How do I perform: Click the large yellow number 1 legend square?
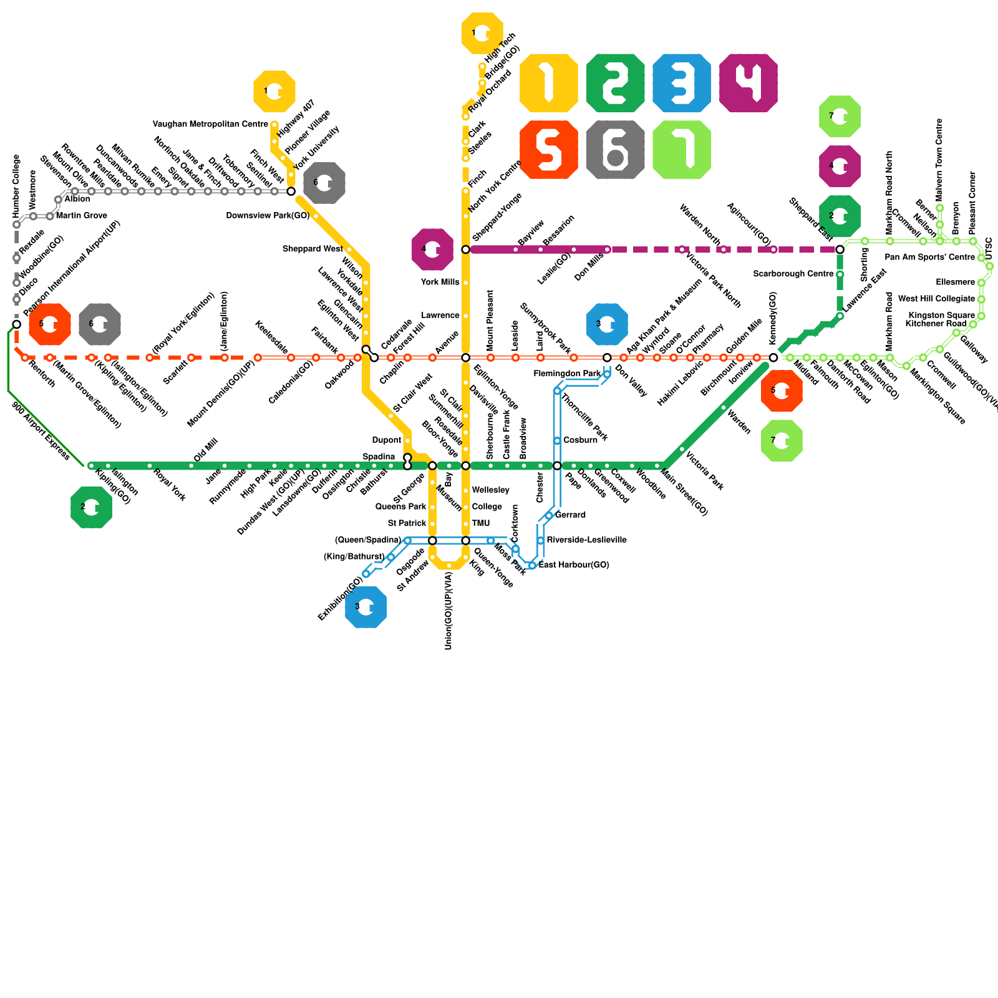pyautogui.click(x=548, y=83)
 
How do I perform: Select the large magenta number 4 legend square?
pyautogui.click(x=748, y=83)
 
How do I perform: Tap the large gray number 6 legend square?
pyautogui.click(x=615, y=150)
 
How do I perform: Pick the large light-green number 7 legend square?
pyautogui.click(x=682, y=150)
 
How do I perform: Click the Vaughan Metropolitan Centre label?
pyautogui.click(x=210, y=125)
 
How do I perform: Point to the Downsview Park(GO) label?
pyautogui.click(x=268, y=216)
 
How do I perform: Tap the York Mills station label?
pyautogui.click(x=440, y=283)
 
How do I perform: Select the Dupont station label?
pyautogui.click(x=386, y=440)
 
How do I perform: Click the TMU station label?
pyautogui.click(x=481, y=523)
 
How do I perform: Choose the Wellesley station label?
pyautogui.click(x=491, y=490)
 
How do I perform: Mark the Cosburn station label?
pyautogui.click(x=580, y=440)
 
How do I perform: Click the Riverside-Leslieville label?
pyautogui.click(x=586, y=540)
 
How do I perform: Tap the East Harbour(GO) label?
pyautogui.click(x=574, y=565)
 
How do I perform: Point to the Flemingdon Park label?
pyautogui.click(x=567, y=374)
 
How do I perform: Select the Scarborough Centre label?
pyautogui.click(x=793, y=274)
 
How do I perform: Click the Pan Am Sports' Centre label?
pyautogui.click(x=929, y=258)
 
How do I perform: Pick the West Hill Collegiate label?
pyautogui.click(x=936, y=299)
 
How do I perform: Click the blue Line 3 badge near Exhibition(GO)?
pyautogui.click(x=366, y=607)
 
